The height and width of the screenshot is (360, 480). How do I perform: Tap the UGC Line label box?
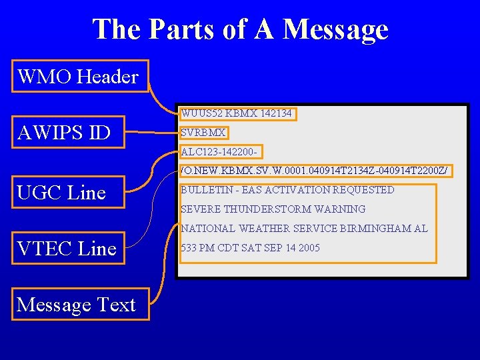coord(62,193)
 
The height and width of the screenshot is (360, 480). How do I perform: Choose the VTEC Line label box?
coord(67,249)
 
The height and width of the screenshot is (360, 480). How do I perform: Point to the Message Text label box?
coord(76,305)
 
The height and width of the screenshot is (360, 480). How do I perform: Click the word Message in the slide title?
coord(335,29)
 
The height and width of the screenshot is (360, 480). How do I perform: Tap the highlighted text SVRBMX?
coord(203,133)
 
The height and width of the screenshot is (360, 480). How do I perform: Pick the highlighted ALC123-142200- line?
coord(221,151)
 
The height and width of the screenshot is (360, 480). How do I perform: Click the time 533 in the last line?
coord(189,248)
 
